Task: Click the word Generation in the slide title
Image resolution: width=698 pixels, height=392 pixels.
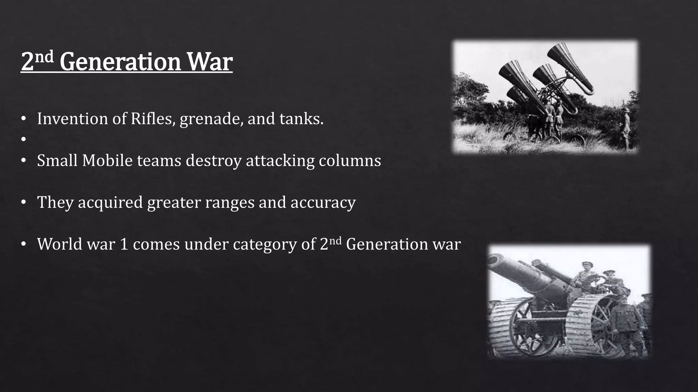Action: click(120, 62)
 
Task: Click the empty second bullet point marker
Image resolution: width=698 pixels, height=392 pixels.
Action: click(23, 139)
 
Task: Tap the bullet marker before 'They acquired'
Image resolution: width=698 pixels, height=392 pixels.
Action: click(23, 202)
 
